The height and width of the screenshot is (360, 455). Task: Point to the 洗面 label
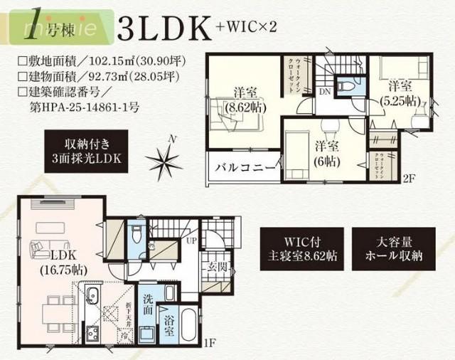[147, 305]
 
